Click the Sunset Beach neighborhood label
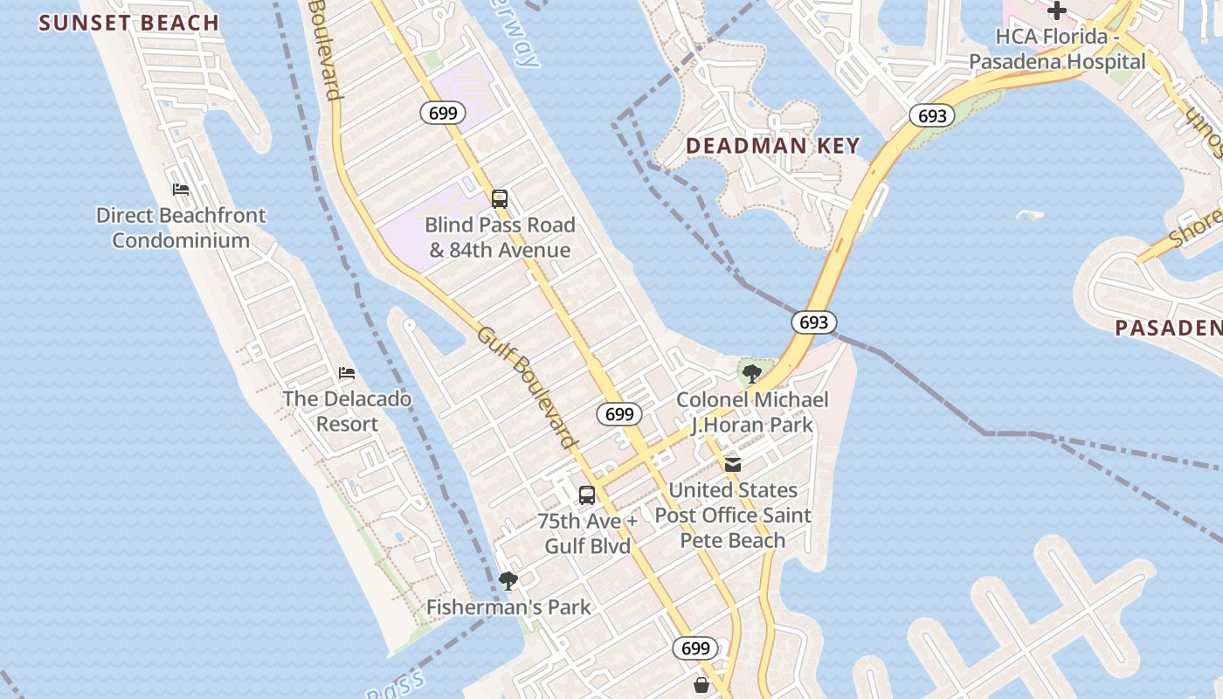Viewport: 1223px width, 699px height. point(128,23)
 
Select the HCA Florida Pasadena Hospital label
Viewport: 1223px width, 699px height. point(1057,49)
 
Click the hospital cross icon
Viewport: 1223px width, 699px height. point(1057,11)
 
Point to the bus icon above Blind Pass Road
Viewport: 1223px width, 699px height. point(500,199)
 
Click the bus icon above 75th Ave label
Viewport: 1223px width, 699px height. point(587,495)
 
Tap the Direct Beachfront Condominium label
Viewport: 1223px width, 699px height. point(181,227)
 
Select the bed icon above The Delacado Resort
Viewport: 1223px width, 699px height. point(347,373)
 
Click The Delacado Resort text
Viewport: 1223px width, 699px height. point(347,411)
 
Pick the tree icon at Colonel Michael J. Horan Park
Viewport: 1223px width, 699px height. point(751,375)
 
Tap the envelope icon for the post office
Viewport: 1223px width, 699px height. point(733,464)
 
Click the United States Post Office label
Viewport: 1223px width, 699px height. point(733,515)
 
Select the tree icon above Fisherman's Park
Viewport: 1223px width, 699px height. point(508,581)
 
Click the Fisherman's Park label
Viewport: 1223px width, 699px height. point(508,606)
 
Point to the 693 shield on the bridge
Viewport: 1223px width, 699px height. point(814,322)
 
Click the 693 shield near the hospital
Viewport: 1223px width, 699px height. point(931,115)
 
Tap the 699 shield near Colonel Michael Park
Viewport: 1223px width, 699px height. point(619,414)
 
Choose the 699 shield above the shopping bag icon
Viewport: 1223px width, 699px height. point(695,648)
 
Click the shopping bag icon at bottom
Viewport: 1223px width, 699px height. point(701,685)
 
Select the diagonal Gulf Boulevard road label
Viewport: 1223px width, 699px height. point(528,387)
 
